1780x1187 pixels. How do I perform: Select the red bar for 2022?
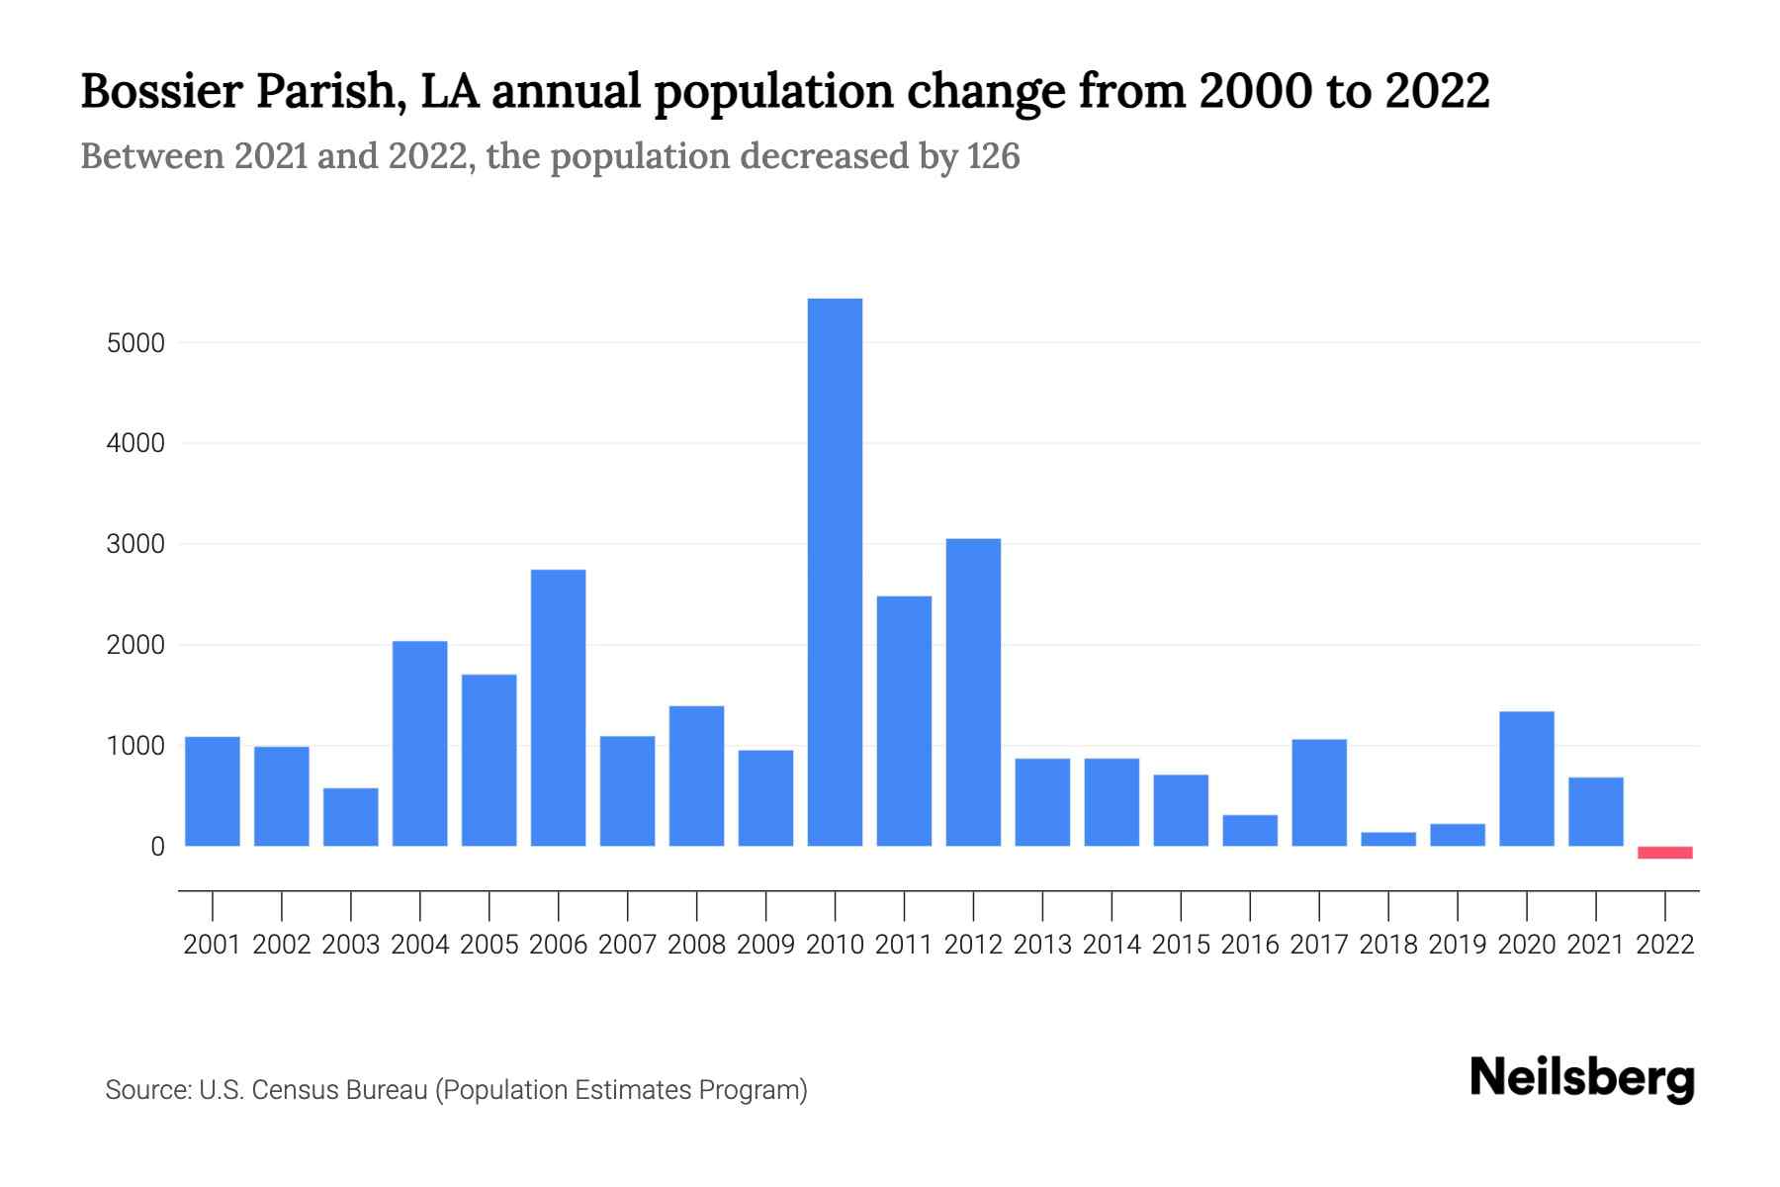(x=1665, y=853)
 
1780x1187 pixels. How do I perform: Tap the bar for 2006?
(x=558, y=707)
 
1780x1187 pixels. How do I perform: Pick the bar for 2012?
(x=973, y=692)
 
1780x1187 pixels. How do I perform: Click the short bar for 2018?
(x=1388, y=839)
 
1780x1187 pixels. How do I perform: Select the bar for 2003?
(x=351, y=817)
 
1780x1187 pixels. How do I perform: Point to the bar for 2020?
(x=1527, y=778)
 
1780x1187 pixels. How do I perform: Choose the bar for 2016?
(x=1250, y=831)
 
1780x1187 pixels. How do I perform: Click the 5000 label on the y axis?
(x=135, y=344)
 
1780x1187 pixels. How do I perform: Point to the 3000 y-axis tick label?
(x=135, y=545)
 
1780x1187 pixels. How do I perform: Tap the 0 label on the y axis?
(x=157, y=847)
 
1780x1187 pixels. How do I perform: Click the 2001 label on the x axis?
(x=213, y=945)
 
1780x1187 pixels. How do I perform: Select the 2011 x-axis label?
(x=904, y=945)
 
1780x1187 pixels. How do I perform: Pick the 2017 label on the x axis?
(x=1319, y=945)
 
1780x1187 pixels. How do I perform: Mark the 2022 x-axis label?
(x=1665, y=945)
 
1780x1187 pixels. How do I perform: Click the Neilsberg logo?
(x=1582, y=1078)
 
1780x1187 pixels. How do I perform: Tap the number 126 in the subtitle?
(x=994, y=156)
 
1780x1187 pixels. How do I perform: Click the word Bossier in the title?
(x=162, y=91)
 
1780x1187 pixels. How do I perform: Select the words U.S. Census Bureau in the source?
(x=313, y=1090)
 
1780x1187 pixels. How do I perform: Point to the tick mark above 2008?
(x=696, y=905)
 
